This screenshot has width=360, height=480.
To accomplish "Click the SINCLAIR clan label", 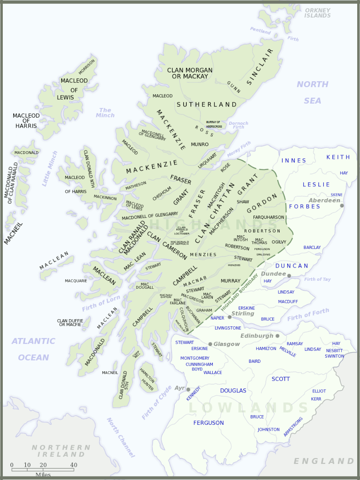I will (x=260, y=67).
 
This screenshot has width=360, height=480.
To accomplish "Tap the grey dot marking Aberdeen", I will (x=342, y=206).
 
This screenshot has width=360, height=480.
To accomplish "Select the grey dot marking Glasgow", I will (x=210, y=344).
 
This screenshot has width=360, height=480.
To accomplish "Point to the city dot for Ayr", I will (x=188, y=389).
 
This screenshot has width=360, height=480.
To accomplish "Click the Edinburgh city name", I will (x=257, y=336).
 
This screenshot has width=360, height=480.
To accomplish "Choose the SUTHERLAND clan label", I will (x=207, y=104).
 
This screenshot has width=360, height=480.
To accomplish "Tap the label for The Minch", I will (x=105, y=113).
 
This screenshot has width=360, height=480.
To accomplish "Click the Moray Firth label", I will (x=239, y=149).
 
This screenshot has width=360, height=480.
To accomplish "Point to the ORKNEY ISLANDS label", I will (x=318, y=13).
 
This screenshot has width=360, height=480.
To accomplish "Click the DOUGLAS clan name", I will (x=233, y=390).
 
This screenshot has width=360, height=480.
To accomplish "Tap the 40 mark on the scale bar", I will (x=74, y=465).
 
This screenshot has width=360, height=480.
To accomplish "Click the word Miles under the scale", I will (x=43, y=475).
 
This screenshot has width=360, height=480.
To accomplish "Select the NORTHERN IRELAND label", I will (x=61, y=451).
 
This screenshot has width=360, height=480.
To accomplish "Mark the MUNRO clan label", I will (x=200, y=144).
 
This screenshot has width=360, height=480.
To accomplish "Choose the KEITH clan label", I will (x=338, y=157).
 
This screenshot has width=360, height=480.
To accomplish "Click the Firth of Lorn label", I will (x=101, y=303).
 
